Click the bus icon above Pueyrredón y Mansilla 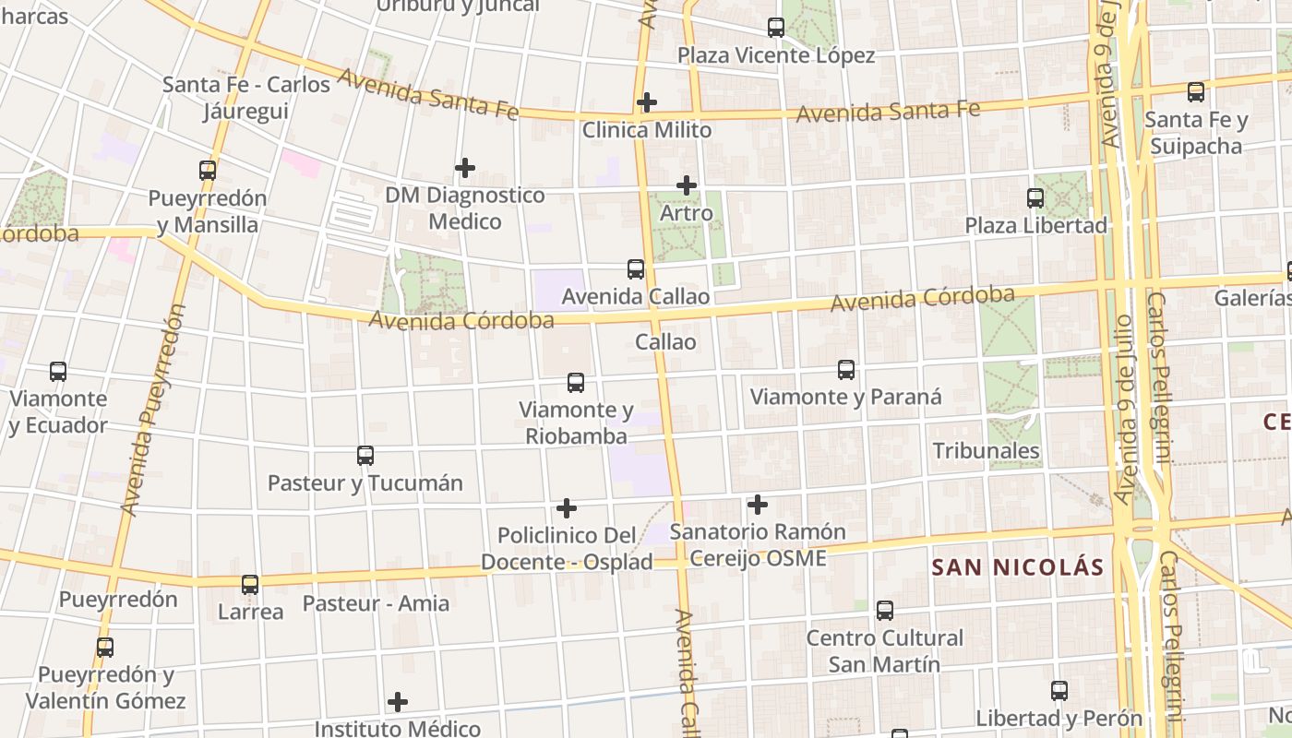tap(208, 171)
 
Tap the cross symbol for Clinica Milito tap(647, 101)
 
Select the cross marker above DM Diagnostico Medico tap(465, 168)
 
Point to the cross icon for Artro tap(686, 185)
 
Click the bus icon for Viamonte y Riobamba tap(576, 382)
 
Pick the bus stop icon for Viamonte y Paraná tap(846, 370)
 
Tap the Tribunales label tap(986, 451)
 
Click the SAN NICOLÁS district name tap(1017, 567)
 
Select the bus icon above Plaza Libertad tap(1035, 198)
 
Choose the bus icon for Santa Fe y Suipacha tap(1196, 92)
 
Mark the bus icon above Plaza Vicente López tap(776, 28)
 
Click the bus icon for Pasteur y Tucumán tap(365, 456)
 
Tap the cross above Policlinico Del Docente tap(567, 508)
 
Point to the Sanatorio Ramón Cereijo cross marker tap(757, 505)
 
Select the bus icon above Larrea tap(250, 585)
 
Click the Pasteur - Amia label tap(376, 604)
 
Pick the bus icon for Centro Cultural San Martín tap(885, 611)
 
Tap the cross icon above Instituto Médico tap(398, 702)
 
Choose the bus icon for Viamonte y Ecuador tap(58, 372)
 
